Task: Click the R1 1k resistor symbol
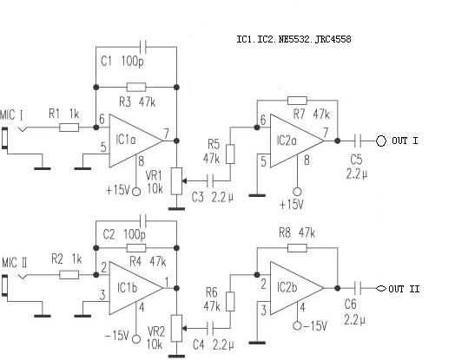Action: click(69, 128)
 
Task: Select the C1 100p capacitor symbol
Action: click(143, 46)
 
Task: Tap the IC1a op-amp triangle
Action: click(136, 141)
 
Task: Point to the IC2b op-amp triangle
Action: click(297, 288)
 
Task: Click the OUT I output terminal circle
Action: click(381, 141)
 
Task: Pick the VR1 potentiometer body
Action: click(176, 181)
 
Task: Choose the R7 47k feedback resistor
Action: click(297, 101)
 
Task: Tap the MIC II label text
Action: click(15, 263)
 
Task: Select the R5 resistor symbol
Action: click(230, 154)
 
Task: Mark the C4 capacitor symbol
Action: click(211, 329)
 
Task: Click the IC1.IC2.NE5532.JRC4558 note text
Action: click(293, 39)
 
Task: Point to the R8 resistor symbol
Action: click(297, 248)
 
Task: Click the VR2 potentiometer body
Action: click(176, 329)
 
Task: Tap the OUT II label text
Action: click(404, 289)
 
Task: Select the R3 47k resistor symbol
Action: click(136, 87)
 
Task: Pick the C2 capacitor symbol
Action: click(143, 221)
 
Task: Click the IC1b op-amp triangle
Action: click(136, 288)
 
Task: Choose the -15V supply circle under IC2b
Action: click(297, 326)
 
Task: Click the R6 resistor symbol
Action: click(230, 302)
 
